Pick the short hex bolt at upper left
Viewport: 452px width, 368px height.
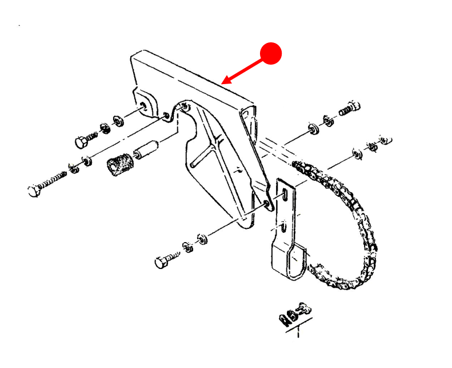(x=81, y=140)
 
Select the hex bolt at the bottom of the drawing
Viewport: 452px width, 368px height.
(x=162, y=263)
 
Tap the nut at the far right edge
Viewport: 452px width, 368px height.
(x=386, y=139)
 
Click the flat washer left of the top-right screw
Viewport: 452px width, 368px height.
(x=313, y=128)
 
